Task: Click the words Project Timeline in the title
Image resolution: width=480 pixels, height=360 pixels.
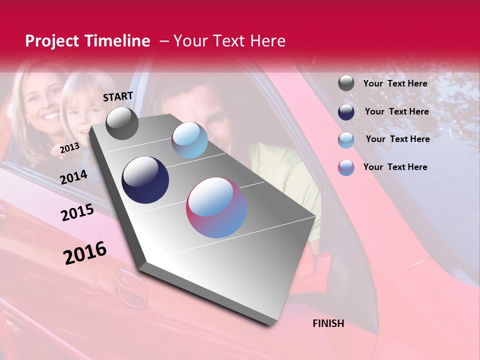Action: pos(87,41)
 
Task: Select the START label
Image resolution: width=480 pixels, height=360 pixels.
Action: pos(118,96)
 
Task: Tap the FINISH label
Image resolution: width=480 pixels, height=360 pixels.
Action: pos(328,323)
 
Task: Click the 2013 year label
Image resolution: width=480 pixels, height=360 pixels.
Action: pos(69,148)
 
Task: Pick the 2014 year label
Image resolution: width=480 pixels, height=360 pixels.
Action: pos(73,177)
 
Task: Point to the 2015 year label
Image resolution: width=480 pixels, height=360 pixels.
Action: pos(77,212)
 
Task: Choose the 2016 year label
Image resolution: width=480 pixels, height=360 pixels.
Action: pos(85,252)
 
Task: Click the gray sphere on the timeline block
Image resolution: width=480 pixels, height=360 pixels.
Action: pos(122,123)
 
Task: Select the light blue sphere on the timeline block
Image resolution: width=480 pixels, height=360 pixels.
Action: pos(189,140)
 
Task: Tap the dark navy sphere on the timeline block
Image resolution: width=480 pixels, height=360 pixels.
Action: pos(145,180)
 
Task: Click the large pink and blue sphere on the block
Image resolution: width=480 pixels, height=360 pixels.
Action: pos(216,207)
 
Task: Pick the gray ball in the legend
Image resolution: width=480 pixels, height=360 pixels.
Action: pos(346,83)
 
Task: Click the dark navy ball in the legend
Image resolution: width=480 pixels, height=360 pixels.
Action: pos(346,112)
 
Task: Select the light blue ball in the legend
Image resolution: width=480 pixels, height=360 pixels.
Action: pos(346,140)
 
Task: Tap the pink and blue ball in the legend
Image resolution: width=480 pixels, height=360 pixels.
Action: pos(346,167)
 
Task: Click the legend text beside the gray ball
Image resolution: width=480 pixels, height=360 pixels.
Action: pos(395,83)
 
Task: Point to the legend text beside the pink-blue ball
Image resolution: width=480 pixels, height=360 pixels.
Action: pos(395,167)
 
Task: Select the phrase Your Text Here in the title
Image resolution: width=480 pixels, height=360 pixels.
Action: pos(229,41)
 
